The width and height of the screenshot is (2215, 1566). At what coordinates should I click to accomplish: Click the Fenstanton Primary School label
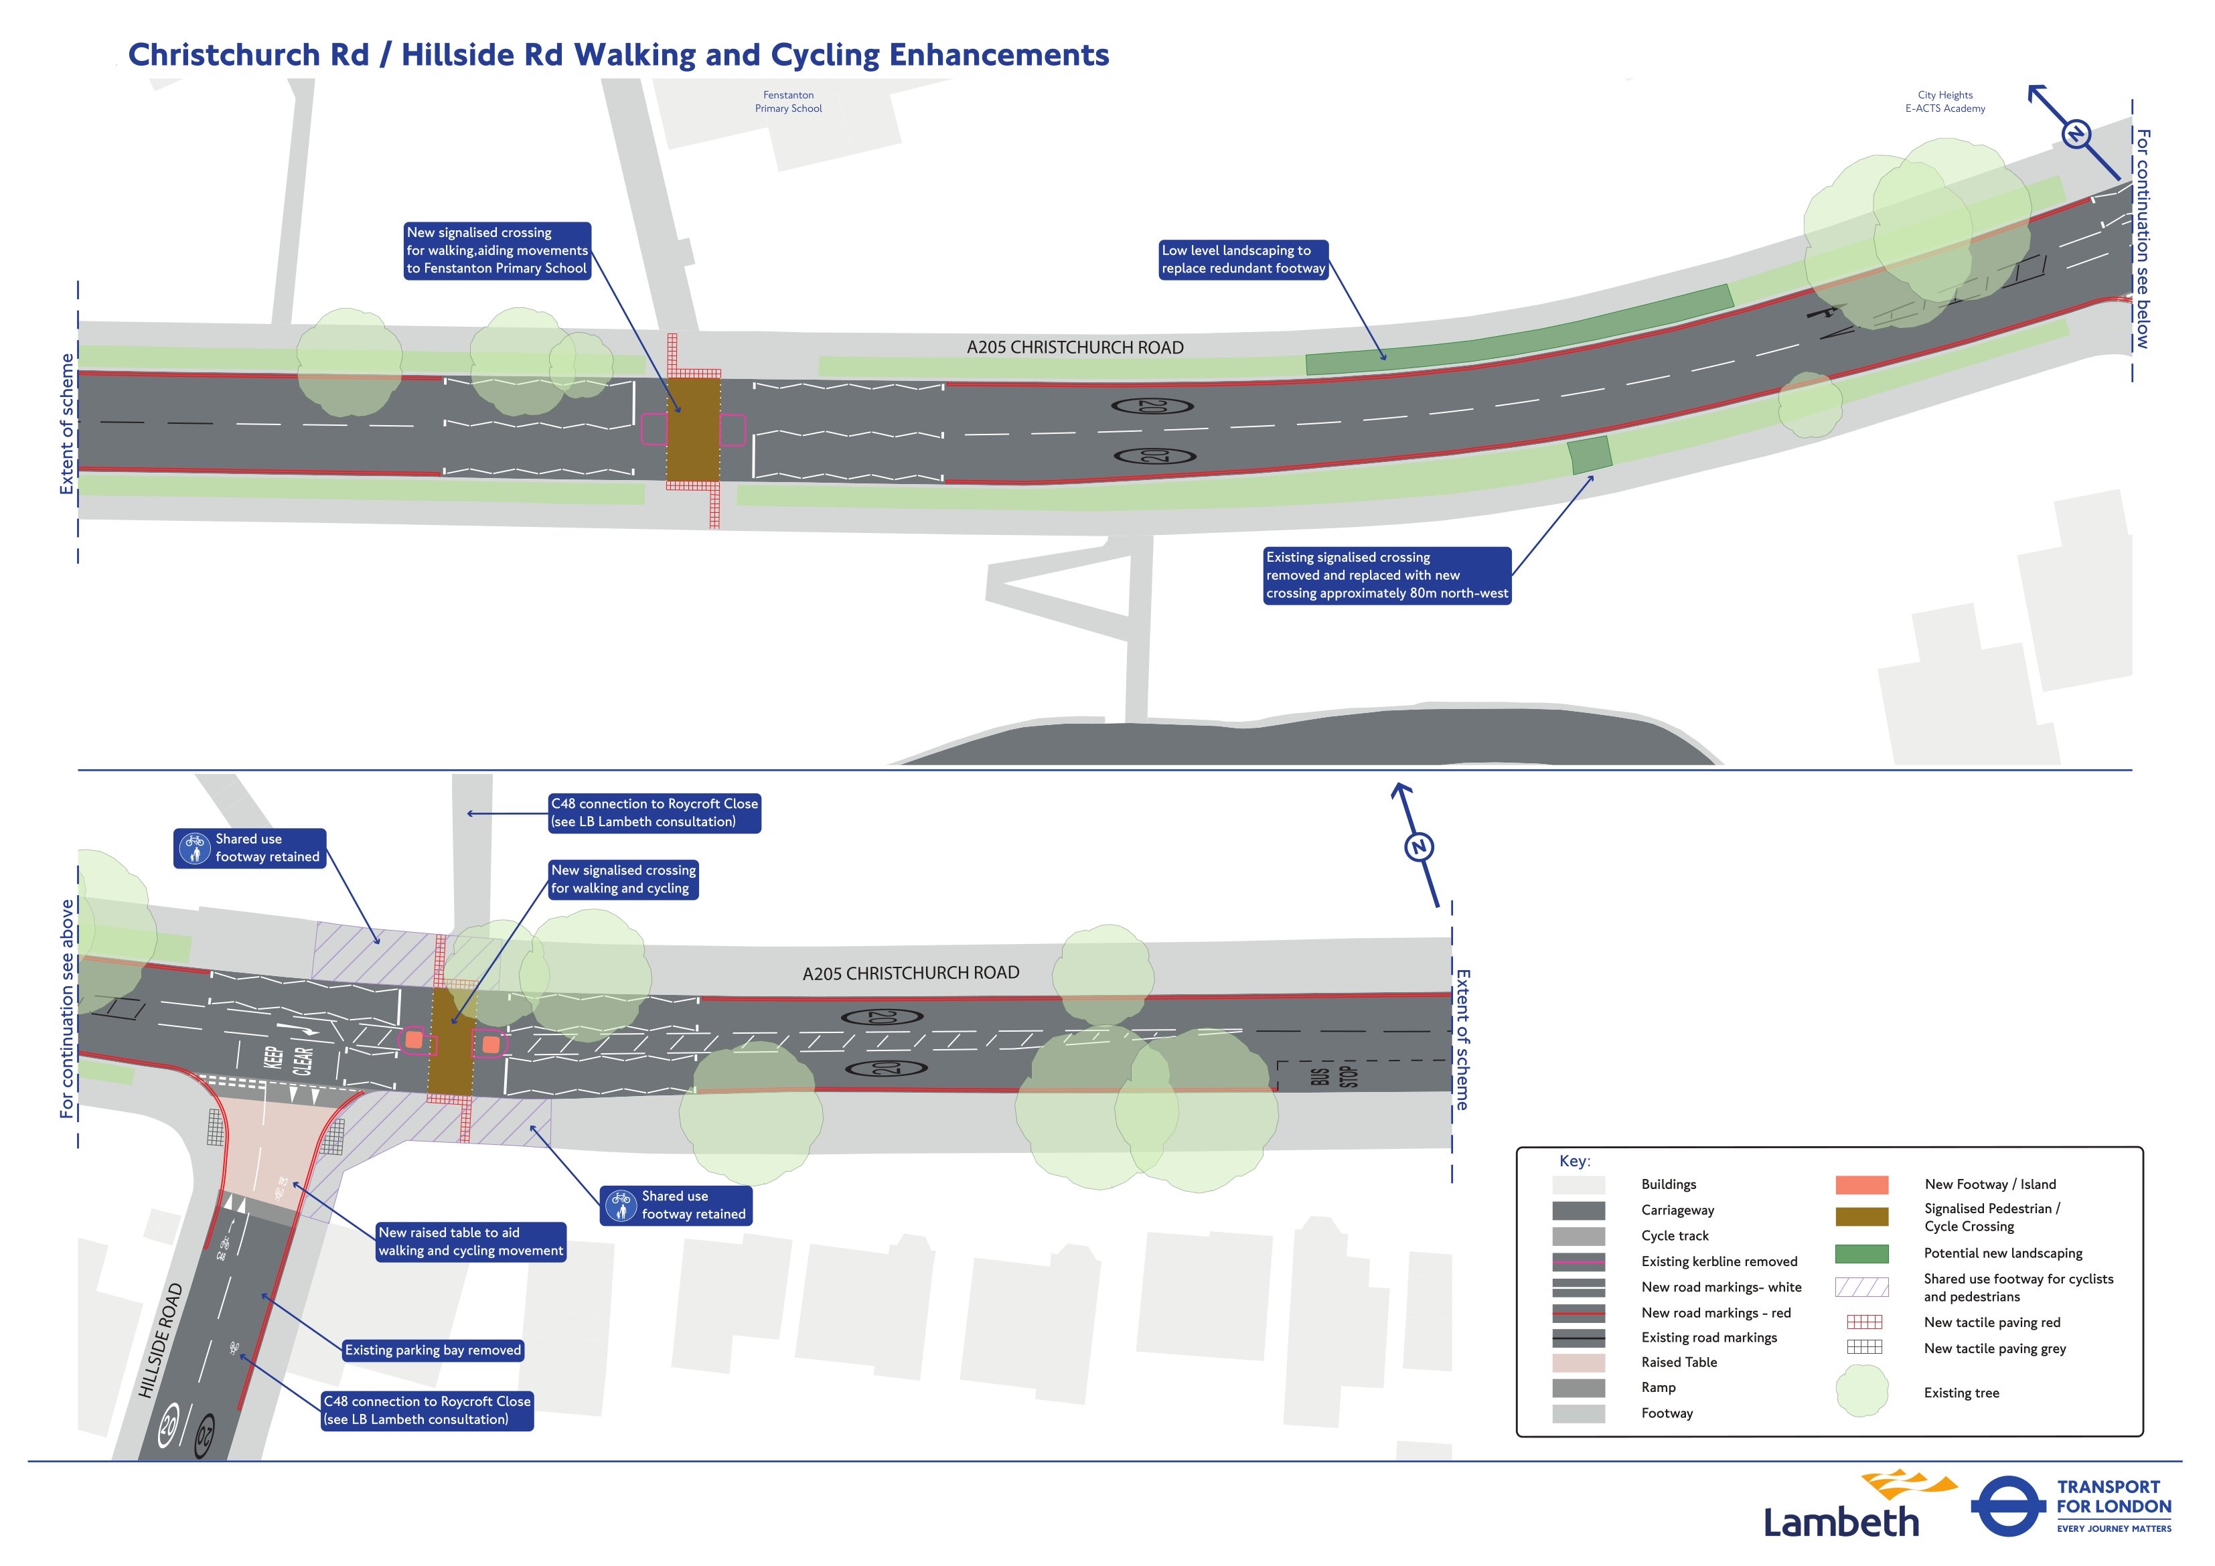(x=788, y=101)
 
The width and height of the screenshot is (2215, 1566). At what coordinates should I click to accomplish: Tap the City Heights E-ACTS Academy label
(x=1945, y=101)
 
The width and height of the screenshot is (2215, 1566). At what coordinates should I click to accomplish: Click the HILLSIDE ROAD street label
(x=160, y=1340)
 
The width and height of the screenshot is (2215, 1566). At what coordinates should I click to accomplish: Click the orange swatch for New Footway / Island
(x=1861, y=1185)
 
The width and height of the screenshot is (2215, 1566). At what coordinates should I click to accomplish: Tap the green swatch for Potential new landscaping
(x=1861, y=1253)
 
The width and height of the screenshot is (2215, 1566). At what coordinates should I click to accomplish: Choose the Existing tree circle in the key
(x=1861, y=1393)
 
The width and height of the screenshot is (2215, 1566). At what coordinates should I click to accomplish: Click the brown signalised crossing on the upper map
(x=692, y=428)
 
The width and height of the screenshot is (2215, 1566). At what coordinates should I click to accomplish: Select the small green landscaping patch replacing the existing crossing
(x=1589, y=455)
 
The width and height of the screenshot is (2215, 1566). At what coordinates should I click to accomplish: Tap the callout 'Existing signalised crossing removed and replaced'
(x=1386, y=575)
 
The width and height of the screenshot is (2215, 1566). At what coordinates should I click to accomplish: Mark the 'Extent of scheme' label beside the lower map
(x=1462, y=1040)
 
